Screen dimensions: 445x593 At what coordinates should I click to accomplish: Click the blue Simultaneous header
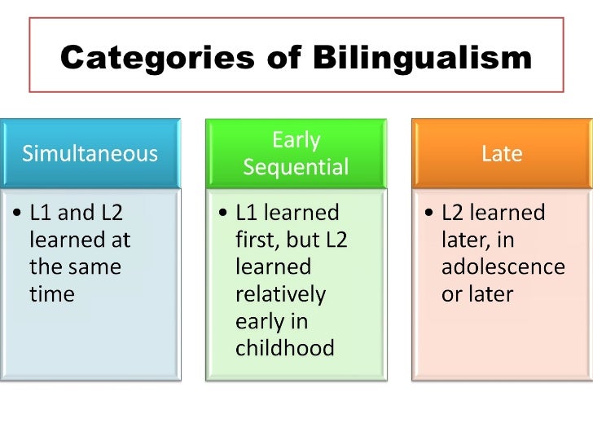[90, 154]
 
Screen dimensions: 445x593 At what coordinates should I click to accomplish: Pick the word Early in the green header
[296, 140]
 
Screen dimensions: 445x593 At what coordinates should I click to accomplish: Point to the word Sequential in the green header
[296, 168]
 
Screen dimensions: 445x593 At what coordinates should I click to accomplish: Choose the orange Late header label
[502, 154]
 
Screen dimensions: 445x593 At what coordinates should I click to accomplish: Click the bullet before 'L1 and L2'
[18, 214]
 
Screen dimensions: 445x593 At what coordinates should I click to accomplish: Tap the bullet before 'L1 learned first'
[224, 214]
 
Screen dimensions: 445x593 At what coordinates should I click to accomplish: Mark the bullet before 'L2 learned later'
[429, 214]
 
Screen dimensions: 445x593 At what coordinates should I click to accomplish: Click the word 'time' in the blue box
[51, 294]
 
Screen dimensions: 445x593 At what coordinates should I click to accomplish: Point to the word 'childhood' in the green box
[284, 348]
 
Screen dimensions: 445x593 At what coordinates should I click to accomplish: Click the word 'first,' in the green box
[258, 240]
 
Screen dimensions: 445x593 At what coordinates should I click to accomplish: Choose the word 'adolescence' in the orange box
[503, 267]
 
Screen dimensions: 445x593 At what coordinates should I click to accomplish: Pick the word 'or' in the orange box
[451, 294]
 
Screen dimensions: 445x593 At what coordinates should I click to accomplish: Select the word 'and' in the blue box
[77, 214]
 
